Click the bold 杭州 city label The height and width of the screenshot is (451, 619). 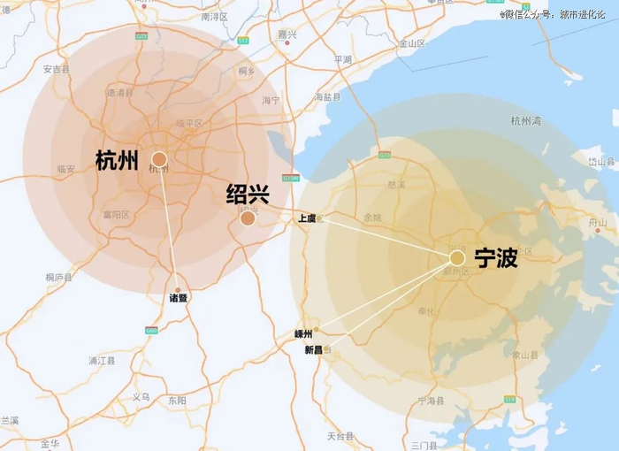pos(118,160)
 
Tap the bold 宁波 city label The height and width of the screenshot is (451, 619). pos(496,258)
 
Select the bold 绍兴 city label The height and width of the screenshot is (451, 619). pos(248,194)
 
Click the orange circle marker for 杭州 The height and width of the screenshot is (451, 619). pos(159,159)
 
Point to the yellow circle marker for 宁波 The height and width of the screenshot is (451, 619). pos(456,257)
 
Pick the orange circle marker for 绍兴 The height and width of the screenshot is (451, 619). pos(248,218)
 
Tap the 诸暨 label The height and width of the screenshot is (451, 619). pos(178,299)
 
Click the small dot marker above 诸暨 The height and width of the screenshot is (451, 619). pos(178,289)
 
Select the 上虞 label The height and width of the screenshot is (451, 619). pos(307,218)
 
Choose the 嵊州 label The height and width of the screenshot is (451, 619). pos(303,334)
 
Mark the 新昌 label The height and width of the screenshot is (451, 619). pos(314,350)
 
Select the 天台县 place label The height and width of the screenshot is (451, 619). pos(340,436)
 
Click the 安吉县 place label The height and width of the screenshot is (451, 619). pos(56,68)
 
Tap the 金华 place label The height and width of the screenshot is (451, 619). pos(50,442)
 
